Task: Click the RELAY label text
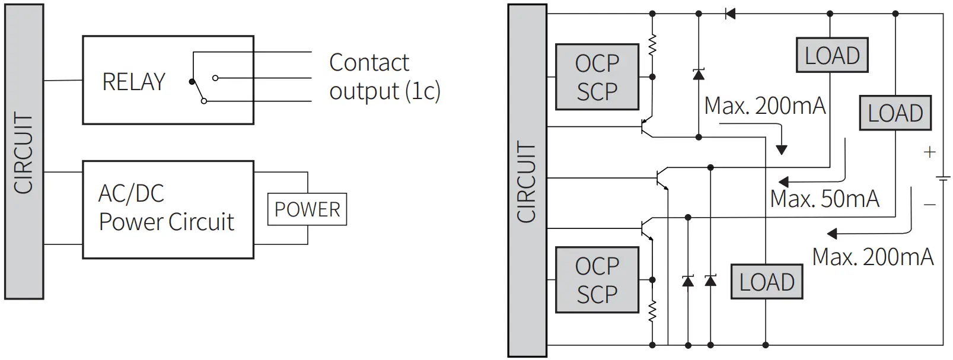pyautogui.click(x=133, y=82)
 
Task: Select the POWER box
pyautogui.click(x=307, y=209)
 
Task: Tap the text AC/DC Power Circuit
pyautogui.click(x=166, y=208)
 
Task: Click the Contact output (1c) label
pyautogui.click(x=384, y=77)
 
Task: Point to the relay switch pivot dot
pyautogui.click(x=191, y=81)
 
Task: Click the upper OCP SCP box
pyautogui.click(x=597, y=77)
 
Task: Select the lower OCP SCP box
pyautogui.click(x=597, y=280)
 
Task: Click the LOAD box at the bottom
pyautogui.click(x=766, y=282)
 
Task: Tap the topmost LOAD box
pyautogui.click(x=832, y=56)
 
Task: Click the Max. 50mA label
pyautogui.click(x=824, y=199)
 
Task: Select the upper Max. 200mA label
pyautogui.click(x=764, y=106)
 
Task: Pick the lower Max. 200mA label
pyautogui.click(x=872, y=257)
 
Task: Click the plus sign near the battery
pyautogui.click(x=929, y=152)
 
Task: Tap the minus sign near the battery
pyautogui.click(x=929, y=205)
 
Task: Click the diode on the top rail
pyautogui.click(x=730, y=13)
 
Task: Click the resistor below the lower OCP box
pyautogui.click(x=652, y=311)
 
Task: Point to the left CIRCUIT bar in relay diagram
pyautogui.click(x=24, y=152)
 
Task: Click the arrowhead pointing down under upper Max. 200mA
pyautogui.click(x=782, y=150)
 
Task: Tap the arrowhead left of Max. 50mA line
pyautogui.click(x=783, y=181)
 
